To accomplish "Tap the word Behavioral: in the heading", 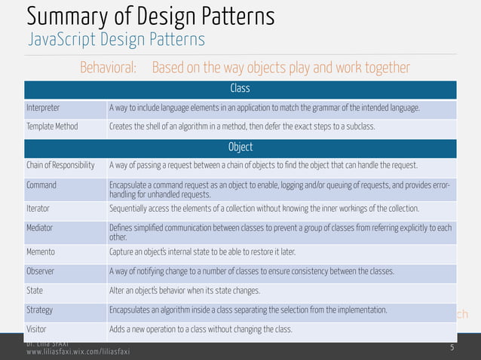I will (x=108, y=69).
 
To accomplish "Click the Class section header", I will (x=240, y=90).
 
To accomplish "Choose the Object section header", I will (x=240, y=147).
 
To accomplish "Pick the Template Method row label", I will (x=52, y=126).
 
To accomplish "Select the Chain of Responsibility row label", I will (x=60, y=166).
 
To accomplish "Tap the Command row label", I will (x=41, y=185).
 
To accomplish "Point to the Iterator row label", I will (x=38, y=209).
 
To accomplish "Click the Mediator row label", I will (x=41, y=228).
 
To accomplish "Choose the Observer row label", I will (x=41, y=271).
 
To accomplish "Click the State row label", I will (x=35, y=291).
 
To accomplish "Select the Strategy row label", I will (x=39, y=310).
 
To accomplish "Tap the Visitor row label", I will (x=37, y=329).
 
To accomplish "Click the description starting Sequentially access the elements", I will (x=268, y=209).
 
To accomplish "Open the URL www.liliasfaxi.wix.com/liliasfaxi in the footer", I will (x=78, y=352).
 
